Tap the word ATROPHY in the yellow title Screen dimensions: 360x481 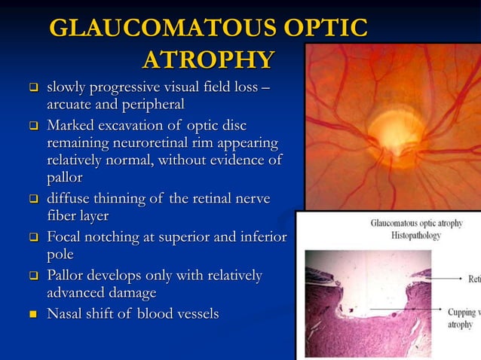207,59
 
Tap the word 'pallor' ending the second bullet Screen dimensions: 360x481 64,178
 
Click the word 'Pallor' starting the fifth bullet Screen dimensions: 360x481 68,275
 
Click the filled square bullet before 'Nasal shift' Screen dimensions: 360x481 33,313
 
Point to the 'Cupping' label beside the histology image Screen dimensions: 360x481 461,311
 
